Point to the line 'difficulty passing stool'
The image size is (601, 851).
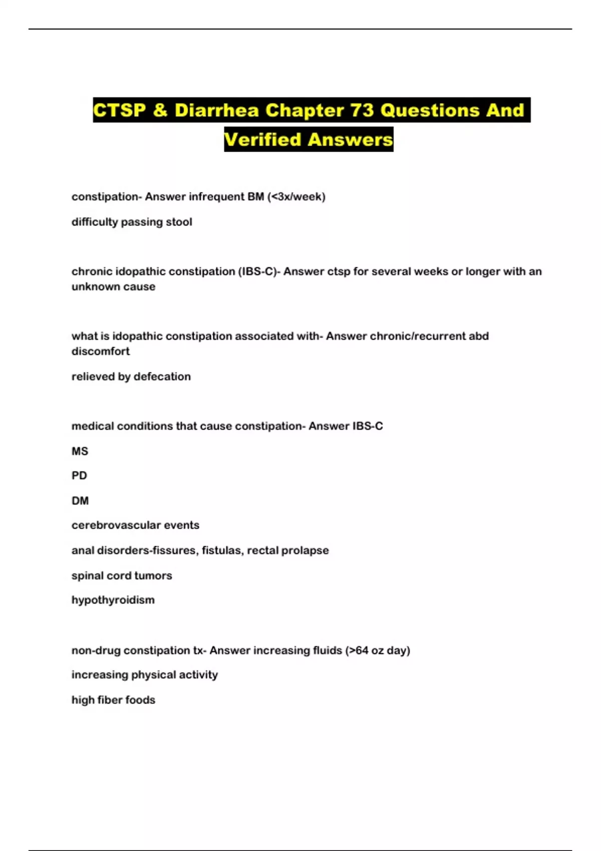pos(132,222)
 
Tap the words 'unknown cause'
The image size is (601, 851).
pos(113,287)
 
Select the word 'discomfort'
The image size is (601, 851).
pos(100,351)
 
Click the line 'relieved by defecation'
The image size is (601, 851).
pos(131,376)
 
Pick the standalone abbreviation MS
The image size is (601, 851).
pos(80,451)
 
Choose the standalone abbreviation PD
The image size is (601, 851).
pos(79,476)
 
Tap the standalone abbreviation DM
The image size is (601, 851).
pos(80,501)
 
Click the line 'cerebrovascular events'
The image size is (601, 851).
pos(135,525)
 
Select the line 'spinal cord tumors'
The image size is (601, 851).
pos(122,576)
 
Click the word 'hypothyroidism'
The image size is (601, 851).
pos(113,600)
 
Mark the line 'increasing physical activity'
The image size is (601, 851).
pos(144,675)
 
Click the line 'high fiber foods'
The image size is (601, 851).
pos(113,700)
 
